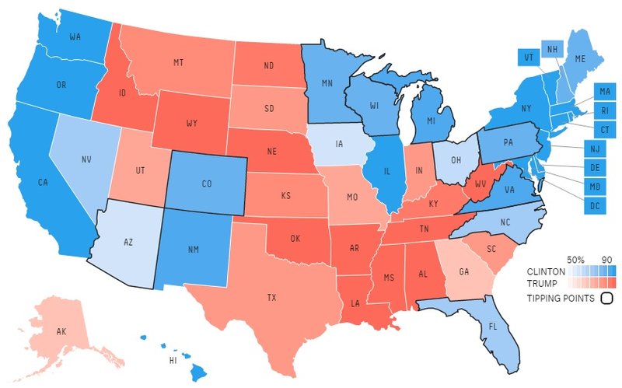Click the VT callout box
coord(529,57)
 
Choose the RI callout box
coord(603,110)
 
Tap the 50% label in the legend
coord(575,258)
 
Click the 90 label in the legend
coord(607,258)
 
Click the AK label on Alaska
coord(61,332)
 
